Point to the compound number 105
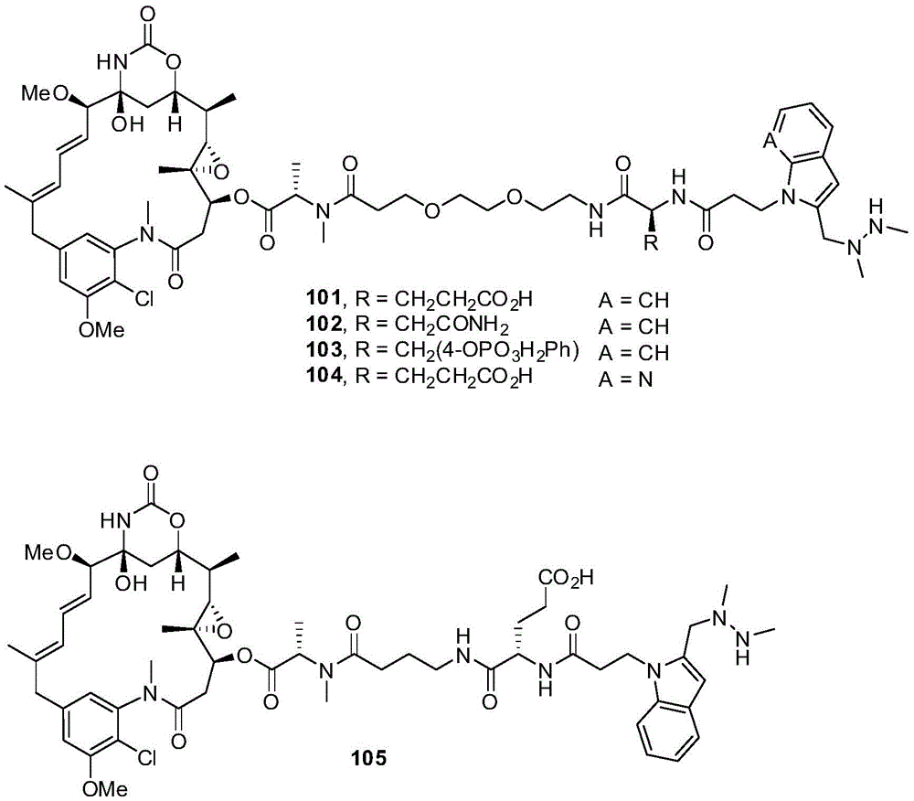[x=367, y=758]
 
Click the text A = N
[x=625, y=379]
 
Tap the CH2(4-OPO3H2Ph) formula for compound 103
[x=486, y=353]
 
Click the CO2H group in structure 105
[x=565, y=578]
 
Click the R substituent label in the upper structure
[x=651, y=243]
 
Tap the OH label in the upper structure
[x=128, y=124]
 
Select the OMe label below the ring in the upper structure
[x=102, y=330]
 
